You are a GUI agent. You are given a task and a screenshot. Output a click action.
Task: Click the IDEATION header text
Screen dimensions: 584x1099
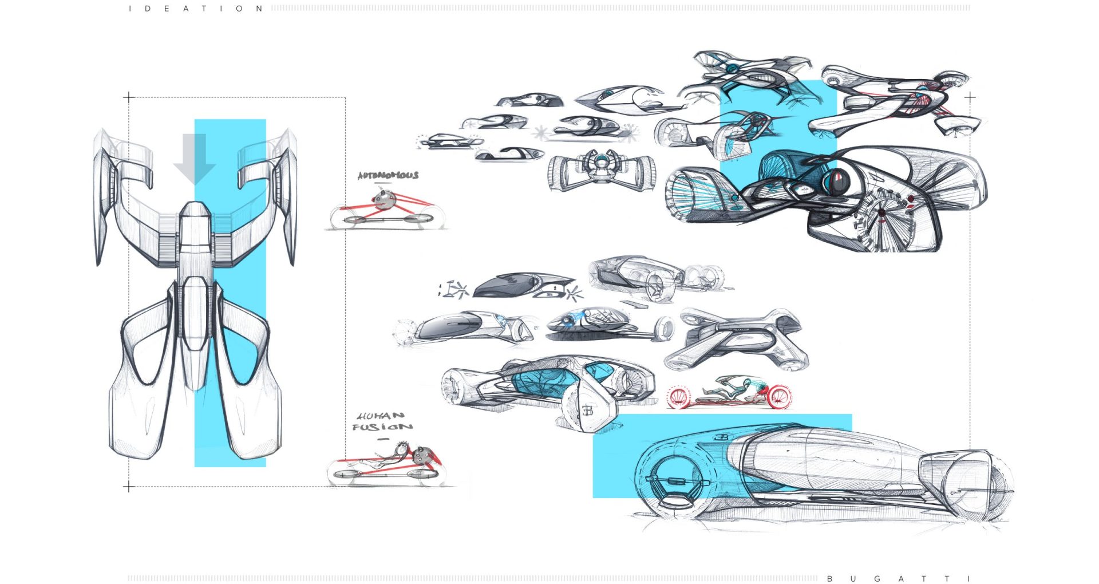[195, 9]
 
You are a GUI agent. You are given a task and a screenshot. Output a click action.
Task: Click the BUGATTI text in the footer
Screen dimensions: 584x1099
[899, 579]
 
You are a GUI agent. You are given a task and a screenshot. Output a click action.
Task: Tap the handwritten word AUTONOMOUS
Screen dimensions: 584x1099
[388, 175]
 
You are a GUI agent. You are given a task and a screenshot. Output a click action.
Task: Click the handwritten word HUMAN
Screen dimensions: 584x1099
[381, 416]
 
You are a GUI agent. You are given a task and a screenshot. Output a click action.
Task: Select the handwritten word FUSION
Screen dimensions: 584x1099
[382, 427]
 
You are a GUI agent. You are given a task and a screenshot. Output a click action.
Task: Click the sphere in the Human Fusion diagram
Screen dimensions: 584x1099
[423, 456]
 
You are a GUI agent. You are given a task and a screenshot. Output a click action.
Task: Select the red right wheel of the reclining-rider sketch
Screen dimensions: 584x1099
[779, 396]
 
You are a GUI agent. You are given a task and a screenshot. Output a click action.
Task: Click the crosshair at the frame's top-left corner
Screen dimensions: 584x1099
[129, 97]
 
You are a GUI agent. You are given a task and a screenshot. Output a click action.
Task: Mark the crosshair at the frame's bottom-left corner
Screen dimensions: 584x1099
[129, 487]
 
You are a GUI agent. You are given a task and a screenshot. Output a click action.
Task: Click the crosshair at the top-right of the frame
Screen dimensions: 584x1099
[970, 97]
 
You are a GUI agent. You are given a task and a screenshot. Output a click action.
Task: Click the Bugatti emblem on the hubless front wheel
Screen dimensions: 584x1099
[587, 410]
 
